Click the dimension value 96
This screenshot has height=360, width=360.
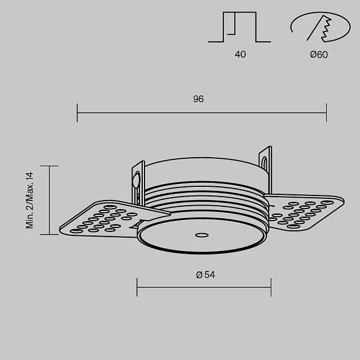[x=198, y=99]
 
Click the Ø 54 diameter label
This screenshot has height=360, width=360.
[x=205, y=275]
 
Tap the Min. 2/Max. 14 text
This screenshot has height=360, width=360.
[x=30, y=200]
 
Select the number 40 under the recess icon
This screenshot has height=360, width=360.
[x=240, y=55]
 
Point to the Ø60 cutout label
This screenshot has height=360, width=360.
[x=319, y=55]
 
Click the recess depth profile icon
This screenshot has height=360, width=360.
[x=239, y=27]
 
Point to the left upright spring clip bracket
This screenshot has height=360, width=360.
[x=138, y=182]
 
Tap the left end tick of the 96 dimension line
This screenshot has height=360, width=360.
[x=77, y=113]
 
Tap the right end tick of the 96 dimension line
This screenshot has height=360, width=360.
[x=326, y=113]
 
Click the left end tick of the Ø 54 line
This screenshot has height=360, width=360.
[x=137, y=287]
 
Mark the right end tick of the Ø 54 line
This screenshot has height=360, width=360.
[x=271, y=287]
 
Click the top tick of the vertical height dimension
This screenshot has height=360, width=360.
[x=50, y=166]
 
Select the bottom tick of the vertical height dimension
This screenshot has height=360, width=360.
[x=50, y=234]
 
